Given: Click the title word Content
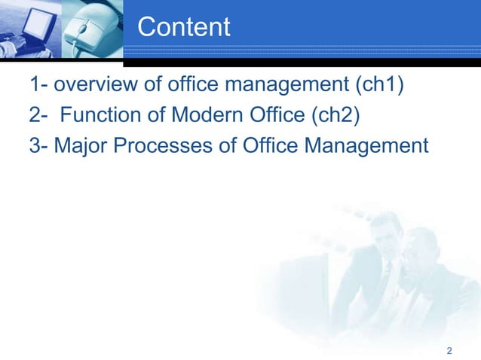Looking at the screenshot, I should pyautogui.click(x=184, y=28).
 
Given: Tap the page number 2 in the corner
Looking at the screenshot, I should pyautogui.click(x=449, y=351).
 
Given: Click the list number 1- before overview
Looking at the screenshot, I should pyautogui.click(x=39, y=87).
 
